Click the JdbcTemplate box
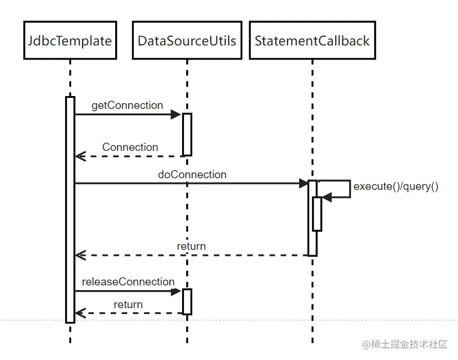70,40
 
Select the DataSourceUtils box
187,40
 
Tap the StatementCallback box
312,40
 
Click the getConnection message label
127,105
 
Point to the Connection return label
130,147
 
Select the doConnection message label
192,174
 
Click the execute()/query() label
396,187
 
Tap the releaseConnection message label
128,282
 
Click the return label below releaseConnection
128,305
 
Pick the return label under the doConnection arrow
191,246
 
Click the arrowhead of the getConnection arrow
176,115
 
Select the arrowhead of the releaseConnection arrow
176,291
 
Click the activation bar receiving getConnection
187,134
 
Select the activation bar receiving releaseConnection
187,301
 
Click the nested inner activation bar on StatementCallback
317,214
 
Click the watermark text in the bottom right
405,344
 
